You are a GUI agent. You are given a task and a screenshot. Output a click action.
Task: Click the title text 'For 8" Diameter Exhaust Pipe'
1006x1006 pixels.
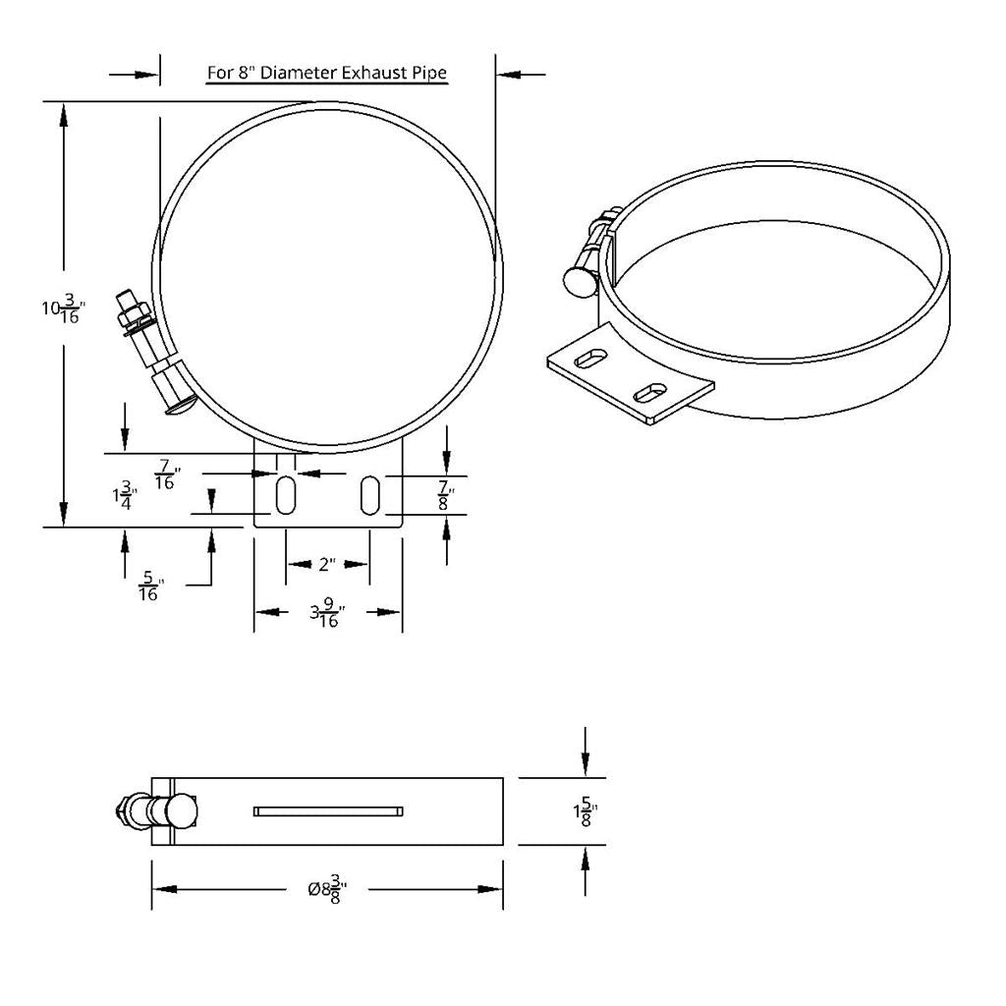326,73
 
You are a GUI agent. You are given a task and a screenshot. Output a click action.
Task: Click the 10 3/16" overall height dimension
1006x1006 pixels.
63,309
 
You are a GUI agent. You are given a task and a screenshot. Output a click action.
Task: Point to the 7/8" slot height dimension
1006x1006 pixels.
445,495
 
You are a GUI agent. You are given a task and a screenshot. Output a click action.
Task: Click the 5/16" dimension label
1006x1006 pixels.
149,587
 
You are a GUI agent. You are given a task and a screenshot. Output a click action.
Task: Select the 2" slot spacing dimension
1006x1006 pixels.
326,564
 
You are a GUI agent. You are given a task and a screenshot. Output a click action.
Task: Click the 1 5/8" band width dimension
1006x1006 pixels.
586,811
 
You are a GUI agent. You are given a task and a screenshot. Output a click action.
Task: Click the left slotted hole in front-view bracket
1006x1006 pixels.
284,495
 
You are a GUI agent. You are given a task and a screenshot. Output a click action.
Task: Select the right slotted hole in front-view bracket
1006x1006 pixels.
369,495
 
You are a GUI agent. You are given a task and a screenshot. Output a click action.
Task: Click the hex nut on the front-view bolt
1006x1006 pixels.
131,317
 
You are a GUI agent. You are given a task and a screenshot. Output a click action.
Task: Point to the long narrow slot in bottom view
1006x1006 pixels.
327,810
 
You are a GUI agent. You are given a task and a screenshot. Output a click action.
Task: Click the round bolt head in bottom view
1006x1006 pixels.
182,811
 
